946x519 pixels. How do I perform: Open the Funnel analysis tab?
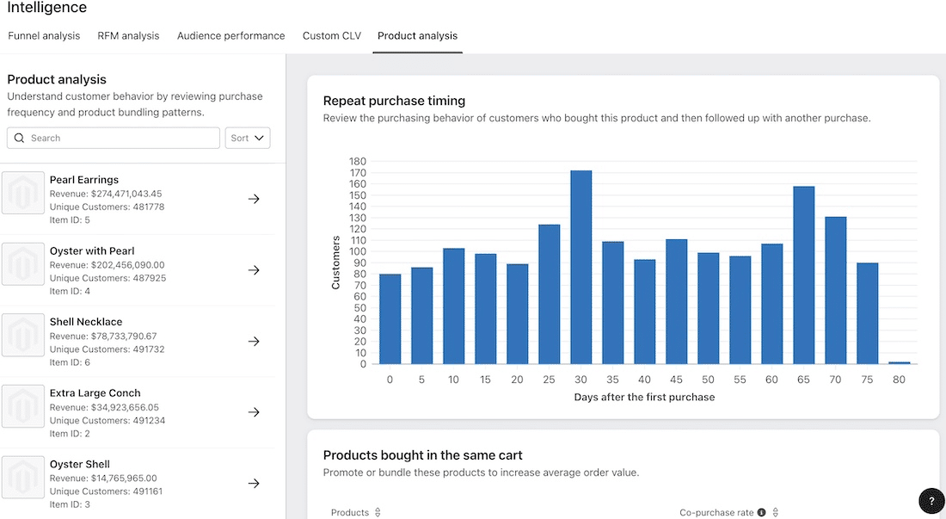[44, 36]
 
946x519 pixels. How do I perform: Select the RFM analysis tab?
[128, 36]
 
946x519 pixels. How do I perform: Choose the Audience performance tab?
[230, 36]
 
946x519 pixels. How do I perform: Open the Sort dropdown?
[247, 138]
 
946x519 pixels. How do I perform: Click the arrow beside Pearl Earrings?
[254, 199]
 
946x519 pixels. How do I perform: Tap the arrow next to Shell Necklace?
[254, 341]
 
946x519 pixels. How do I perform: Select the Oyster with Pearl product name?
[92, 251]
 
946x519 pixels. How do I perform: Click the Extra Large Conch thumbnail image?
[23, 406]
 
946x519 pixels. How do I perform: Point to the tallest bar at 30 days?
[581, 267]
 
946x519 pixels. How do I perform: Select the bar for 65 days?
[804, 275]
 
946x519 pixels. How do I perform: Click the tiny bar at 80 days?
[900, 362]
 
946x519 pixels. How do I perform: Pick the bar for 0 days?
[390, 318]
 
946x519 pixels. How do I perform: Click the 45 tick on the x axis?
[677, 380]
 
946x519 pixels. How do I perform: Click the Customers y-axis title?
[336, 263]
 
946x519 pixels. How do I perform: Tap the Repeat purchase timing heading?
[394, 101]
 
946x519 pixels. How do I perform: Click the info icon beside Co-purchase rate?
[761, 513]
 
